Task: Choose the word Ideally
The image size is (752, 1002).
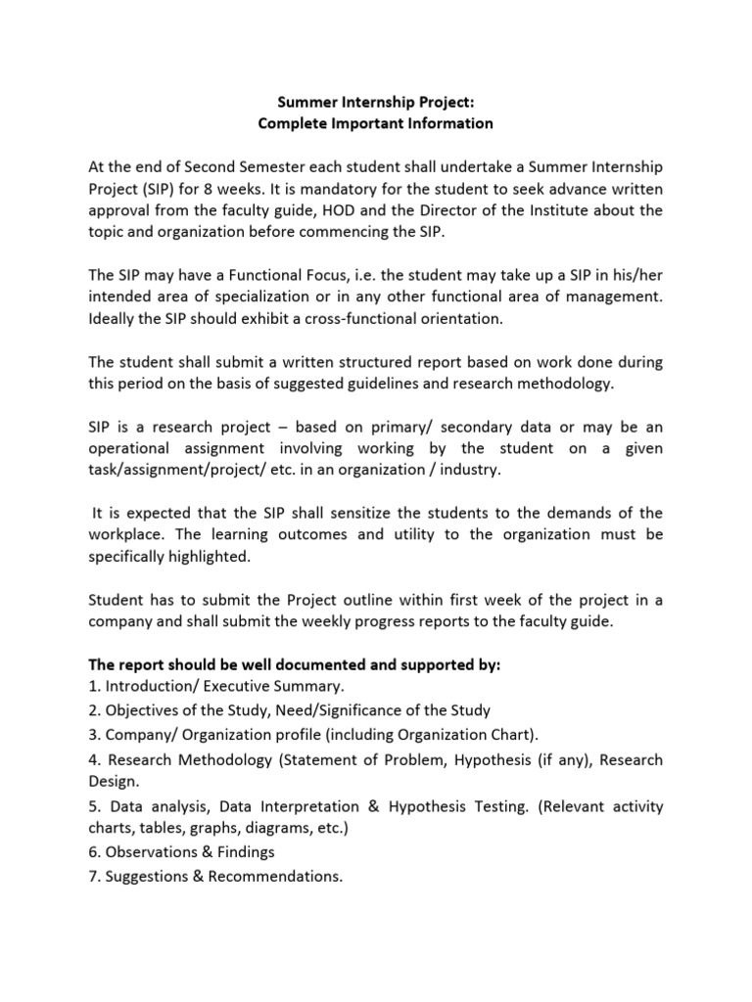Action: tap(115, 319)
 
